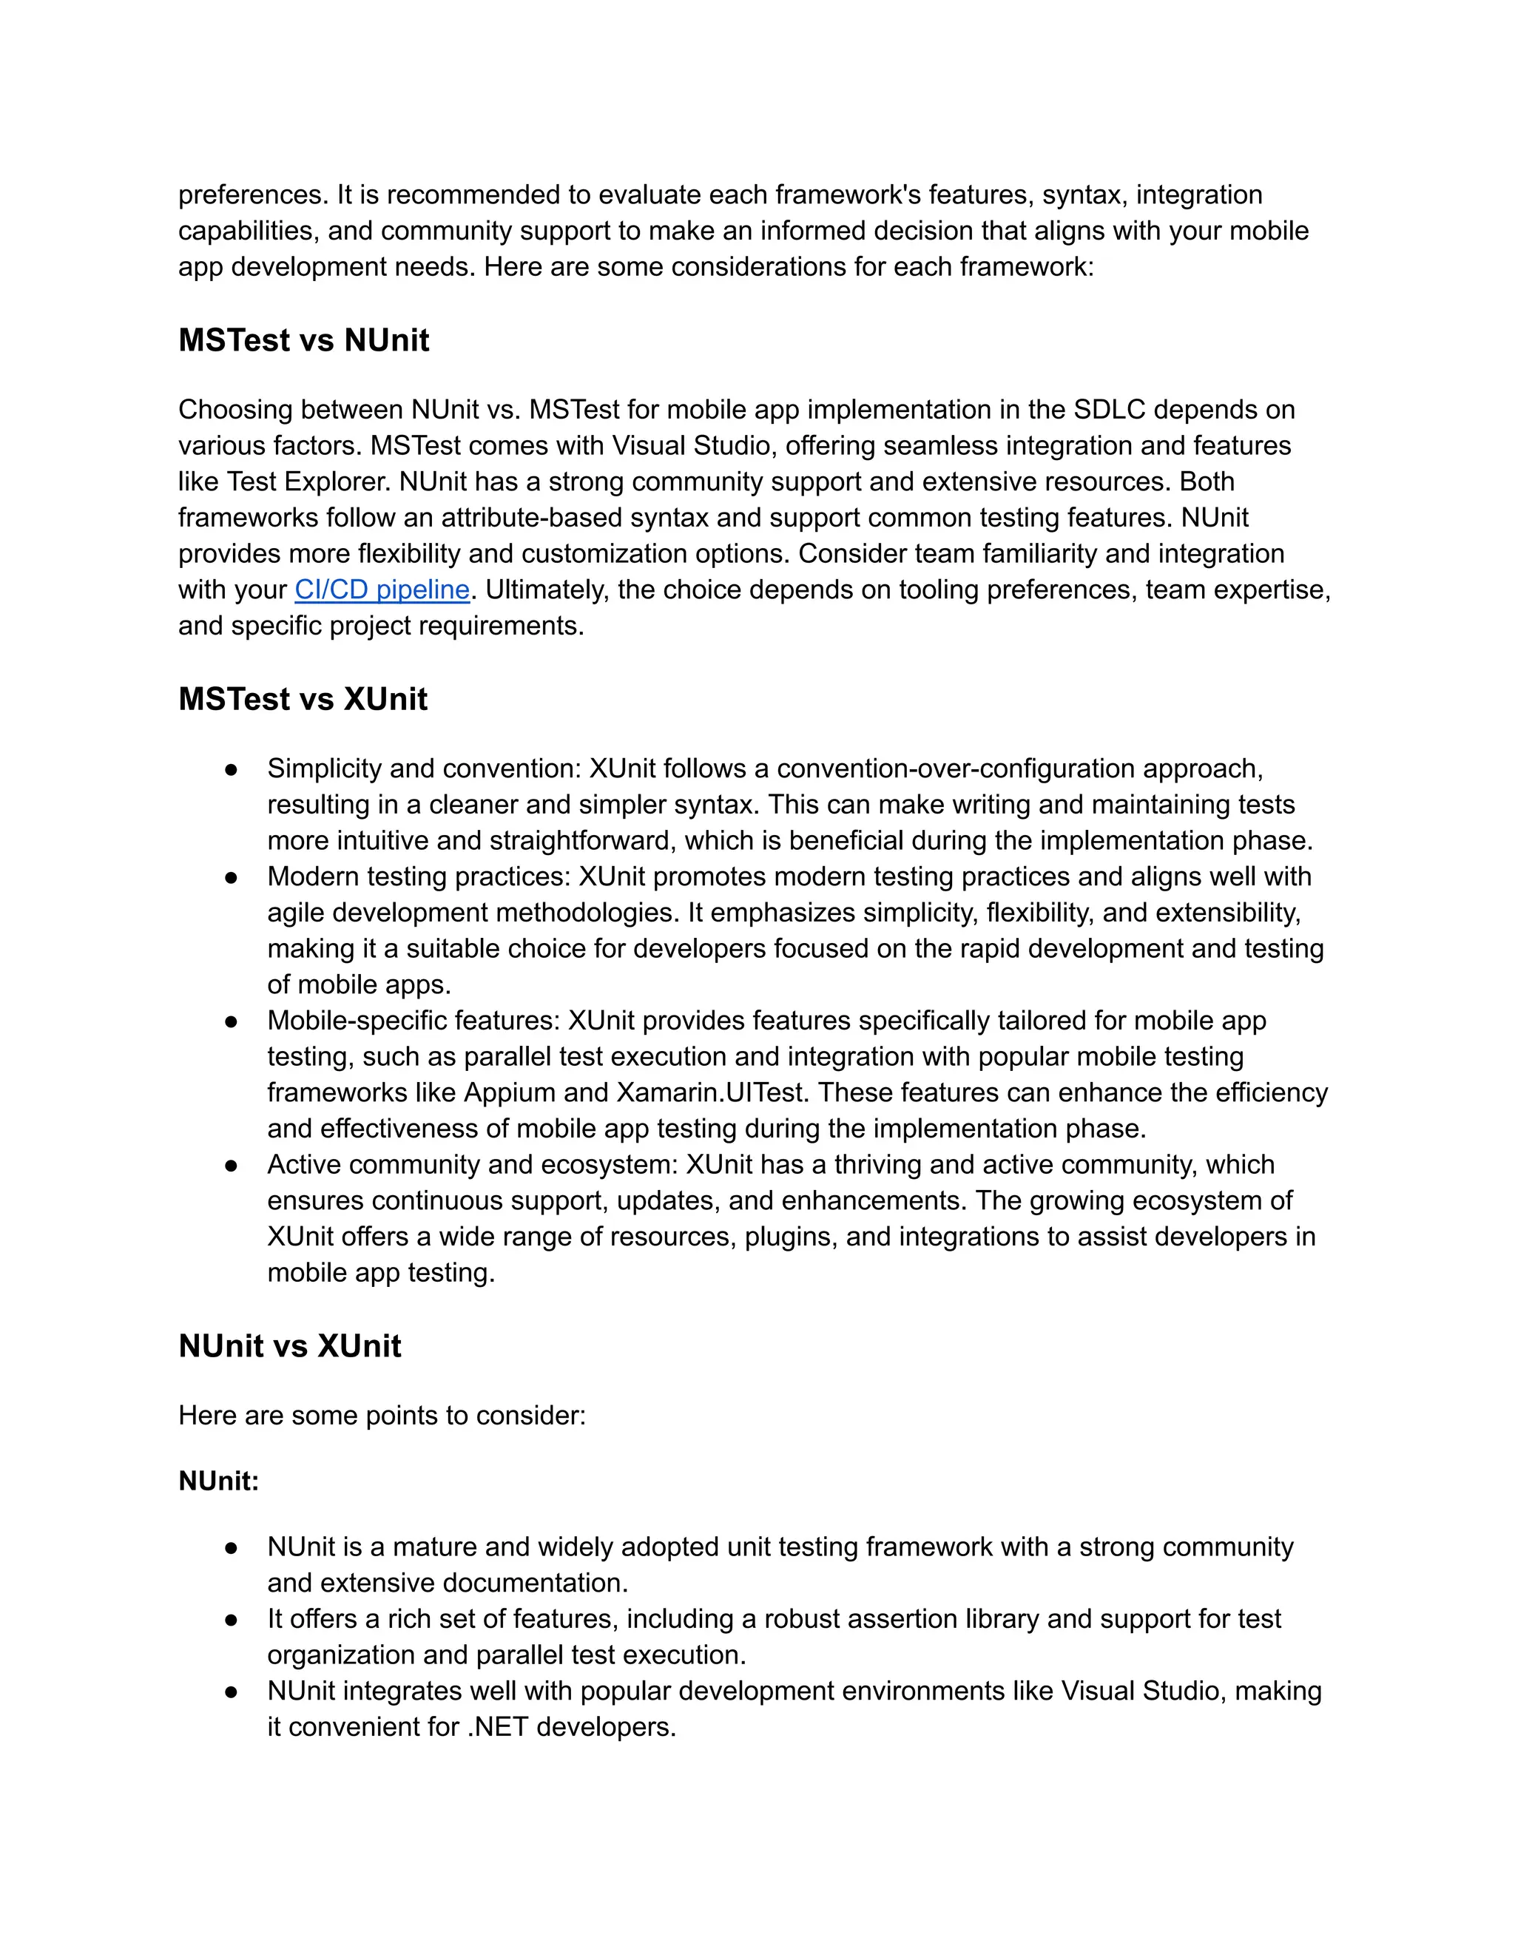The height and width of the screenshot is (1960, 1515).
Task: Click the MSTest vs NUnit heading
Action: click(303, 340)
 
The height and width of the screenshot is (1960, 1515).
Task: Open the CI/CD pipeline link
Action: click(382, 589)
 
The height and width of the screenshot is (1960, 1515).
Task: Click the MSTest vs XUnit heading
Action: click(303, 699)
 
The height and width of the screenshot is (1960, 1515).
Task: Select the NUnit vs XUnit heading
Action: click(289, 1345)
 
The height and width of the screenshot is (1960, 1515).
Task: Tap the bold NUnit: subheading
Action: click(218, 1481)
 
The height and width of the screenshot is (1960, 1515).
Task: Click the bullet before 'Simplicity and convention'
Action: click(232, 769)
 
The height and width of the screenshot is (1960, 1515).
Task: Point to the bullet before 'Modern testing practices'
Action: click(232, 876)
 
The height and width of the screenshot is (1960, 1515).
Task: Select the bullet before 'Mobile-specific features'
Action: click(232, 1021)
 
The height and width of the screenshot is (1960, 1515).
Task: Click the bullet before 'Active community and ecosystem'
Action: click(232, 1165)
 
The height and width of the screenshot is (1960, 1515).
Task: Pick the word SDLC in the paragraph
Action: click(1110, 410)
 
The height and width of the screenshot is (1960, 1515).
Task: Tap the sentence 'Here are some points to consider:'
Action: click(382, 1415)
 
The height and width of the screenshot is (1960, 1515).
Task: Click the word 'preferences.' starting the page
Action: click(253, 195)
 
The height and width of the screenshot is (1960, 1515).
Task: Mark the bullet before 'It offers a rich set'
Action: click(232, 1619)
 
